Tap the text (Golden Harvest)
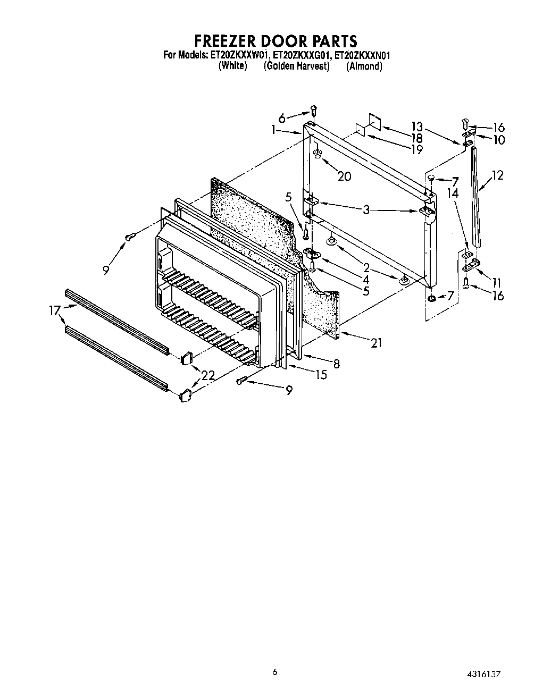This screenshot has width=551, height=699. [x=296, y=66]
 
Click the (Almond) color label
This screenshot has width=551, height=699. [x=364, y=66]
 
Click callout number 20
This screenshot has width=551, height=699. [x=344, y=176]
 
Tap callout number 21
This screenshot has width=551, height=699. [x=376, y=343]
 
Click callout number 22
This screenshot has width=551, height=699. [x=208, y=375]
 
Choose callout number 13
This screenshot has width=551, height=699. [x=417, y=126]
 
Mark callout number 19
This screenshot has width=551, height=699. [x=417, y=149]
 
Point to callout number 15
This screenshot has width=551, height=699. [x=321, y=375]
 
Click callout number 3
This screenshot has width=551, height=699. [x=366, y=210]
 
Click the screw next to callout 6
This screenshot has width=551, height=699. [x=314, y=111]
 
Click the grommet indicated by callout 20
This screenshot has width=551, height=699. [x=318, y=154]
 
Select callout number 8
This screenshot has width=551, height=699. [x=336, y=364]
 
